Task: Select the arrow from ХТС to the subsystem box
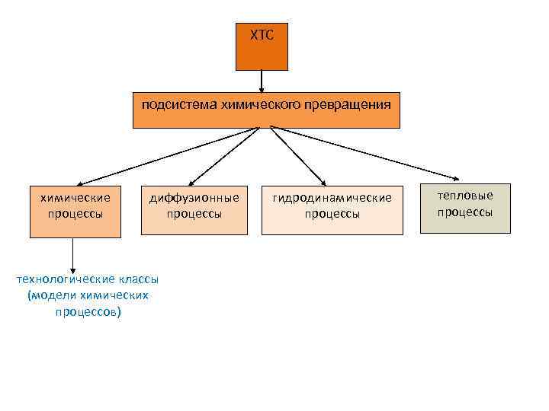point(262,81)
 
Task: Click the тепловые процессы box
point(465,207)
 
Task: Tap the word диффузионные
point(194,198)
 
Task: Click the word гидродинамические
point(332,198)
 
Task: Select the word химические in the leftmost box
point(75,198)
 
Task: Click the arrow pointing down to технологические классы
point(72,256)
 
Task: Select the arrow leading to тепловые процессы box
point(366,157)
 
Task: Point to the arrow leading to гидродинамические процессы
point(297,157)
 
